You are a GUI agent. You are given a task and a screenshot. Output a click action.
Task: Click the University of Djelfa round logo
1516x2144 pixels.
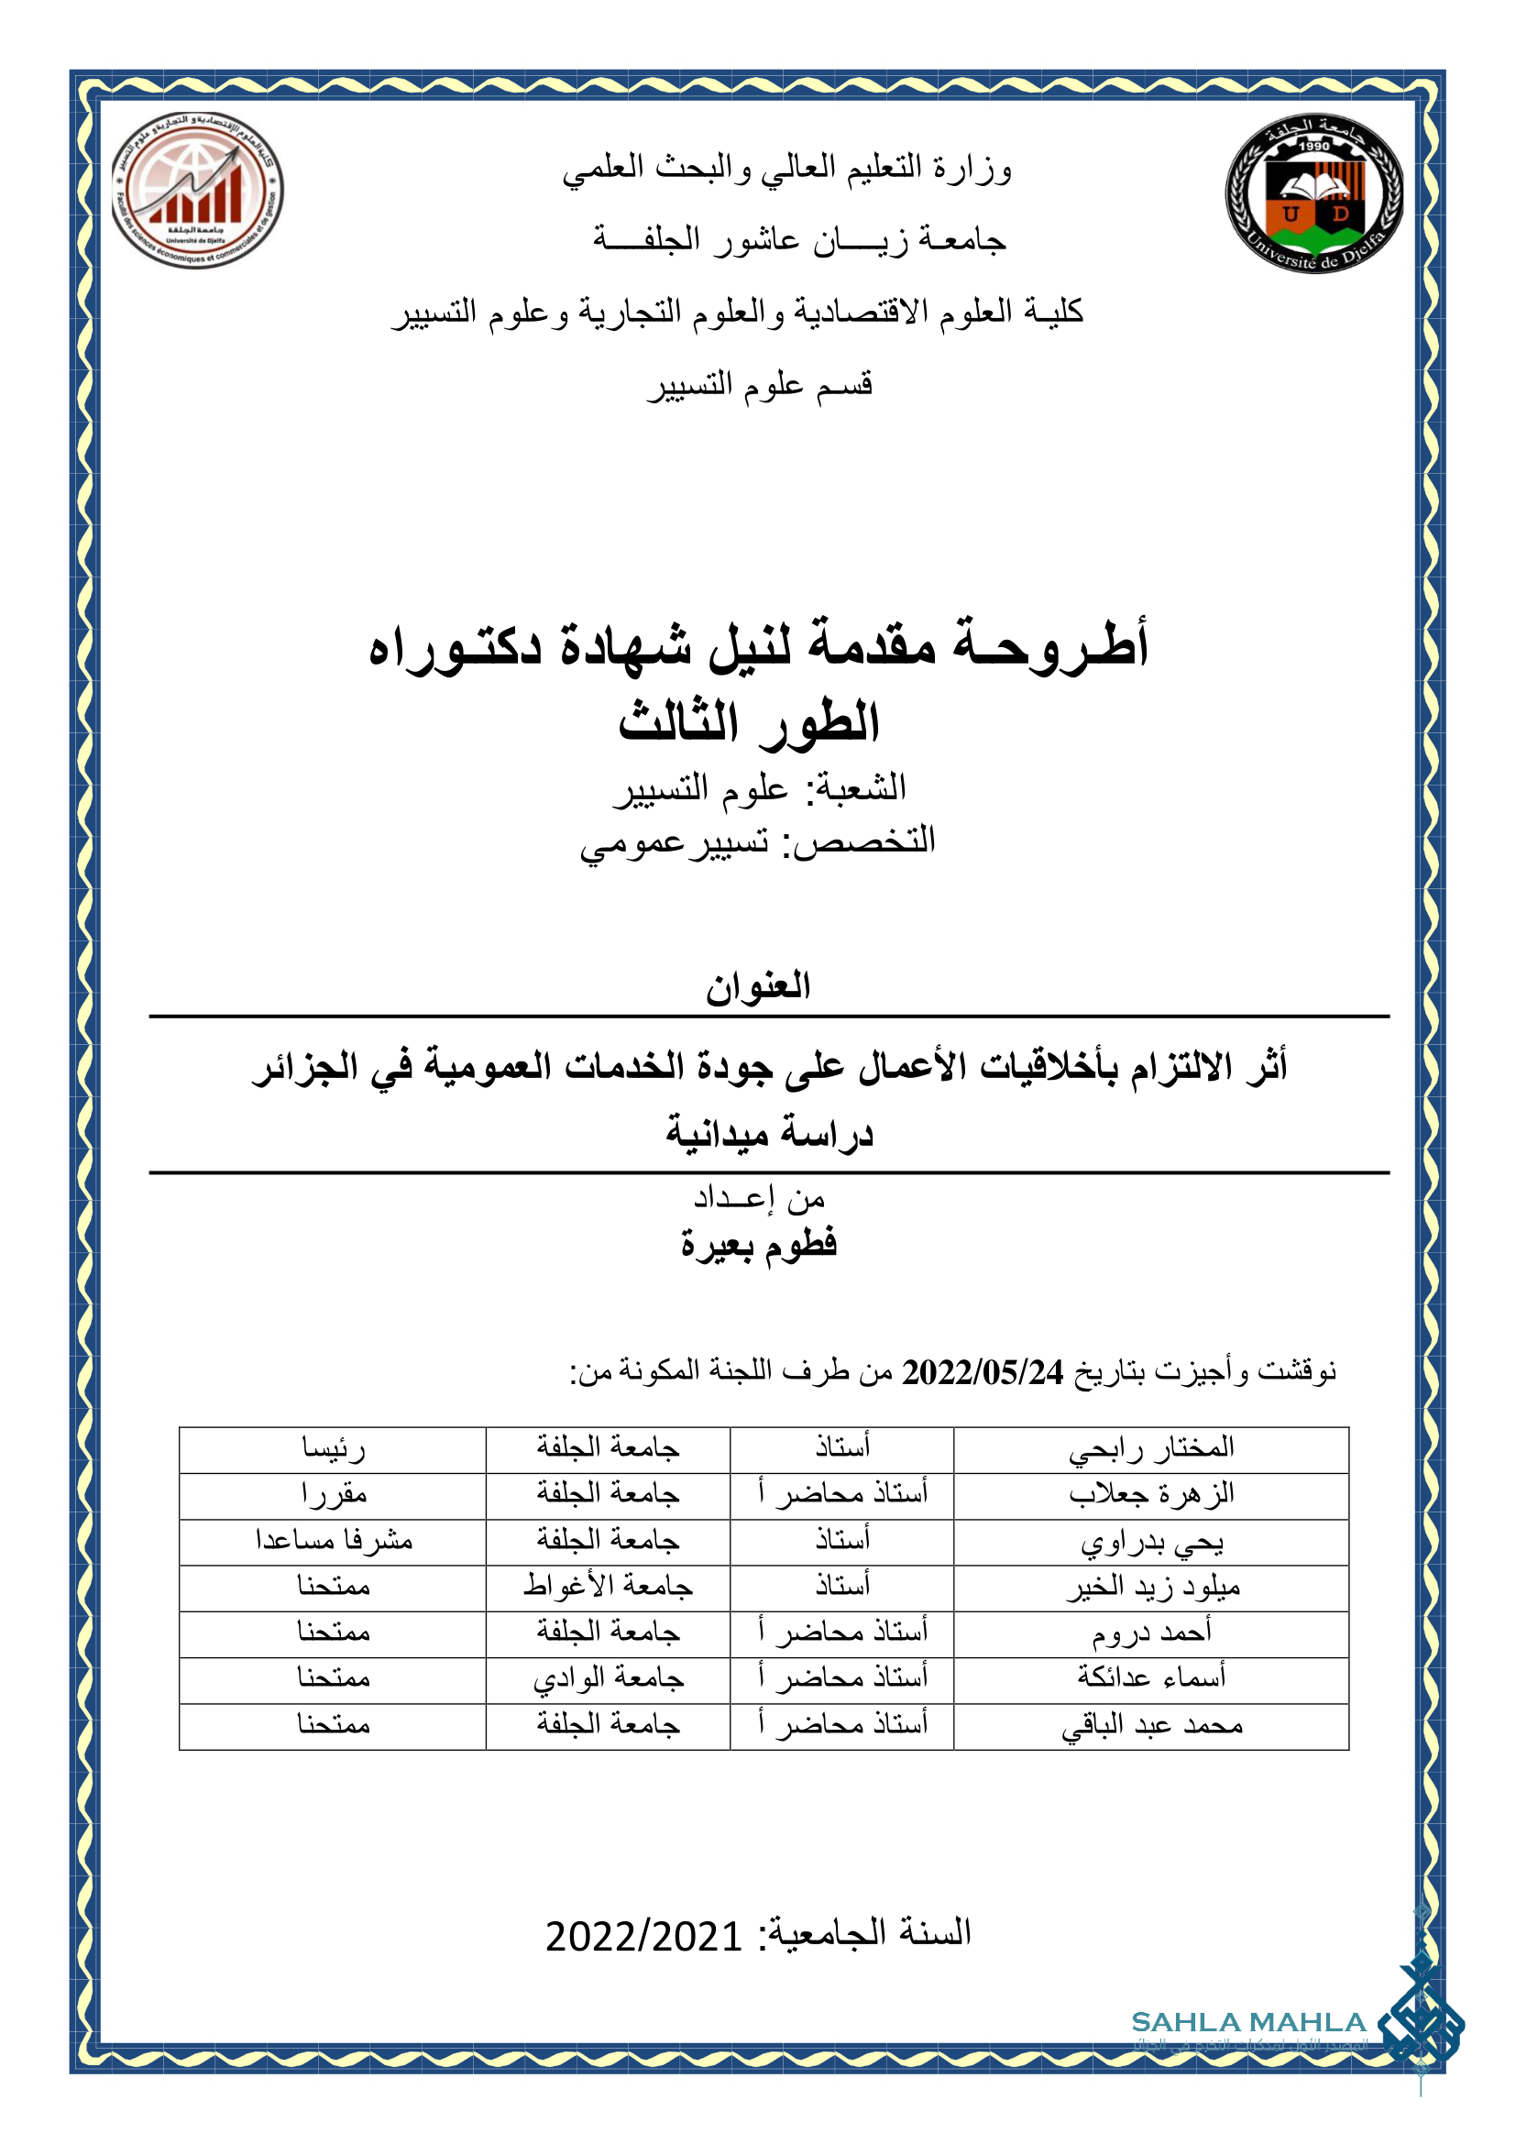click(x=1313, y=194)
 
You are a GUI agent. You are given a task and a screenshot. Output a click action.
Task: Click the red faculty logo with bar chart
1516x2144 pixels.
click(x=197, y=191)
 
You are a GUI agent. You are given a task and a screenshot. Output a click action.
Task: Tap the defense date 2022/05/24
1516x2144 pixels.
click(x=982, y=1372)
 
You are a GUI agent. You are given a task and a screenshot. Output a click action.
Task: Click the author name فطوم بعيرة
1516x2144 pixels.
click(x=758, y=1245)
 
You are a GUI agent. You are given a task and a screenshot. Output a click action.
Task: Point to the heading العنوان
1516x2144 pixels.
click(x=758, y=986)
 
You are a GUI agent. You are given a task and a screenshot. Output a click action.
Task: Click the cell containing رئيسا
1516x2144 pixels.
click(x=334, y=1449)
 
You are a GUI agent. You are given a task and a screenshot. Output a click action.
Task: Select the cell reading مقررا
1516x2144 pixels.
click(x=334, y=1495)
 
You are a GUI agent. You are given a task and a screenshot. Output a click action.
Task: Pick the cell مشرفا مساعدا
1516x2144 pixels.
click(x=334, y=1541)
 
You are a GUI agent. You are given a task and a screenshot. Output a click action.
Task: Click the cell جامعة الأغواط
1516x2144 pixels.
click(x=608, y=1587)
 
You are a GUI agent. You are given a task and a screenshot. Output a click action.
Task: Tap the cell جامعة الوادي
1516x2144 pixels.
click(x=608, y=1679)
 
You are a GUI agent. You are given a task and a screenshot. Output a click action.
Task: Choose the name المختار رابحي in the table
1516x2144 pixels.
click(x=1151, y=1449)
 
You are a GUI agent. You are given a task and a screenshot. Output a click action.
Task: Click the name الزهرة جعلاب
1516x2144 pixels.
click(x=1151, y=1495)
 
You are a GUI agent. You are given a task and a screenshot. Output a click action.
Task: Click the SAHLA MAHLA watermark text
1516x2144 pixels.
click(x=1248, y=2023)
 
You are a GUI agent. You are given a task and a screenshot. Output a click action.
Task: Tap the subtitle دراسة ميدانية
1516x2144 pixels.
click(x=769, y=1134)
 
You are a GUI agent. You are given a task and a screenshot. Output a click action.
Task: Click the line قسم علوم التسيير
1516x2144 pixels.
click(x=760, y=384)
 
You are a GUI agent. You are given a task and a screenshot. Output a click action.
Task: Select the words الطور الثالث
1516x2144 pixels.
click(x=749, y=722)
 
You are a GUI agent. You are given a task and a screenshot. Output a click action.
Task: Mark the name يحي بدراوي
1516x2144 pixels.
click(x=1152, y=1542)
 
